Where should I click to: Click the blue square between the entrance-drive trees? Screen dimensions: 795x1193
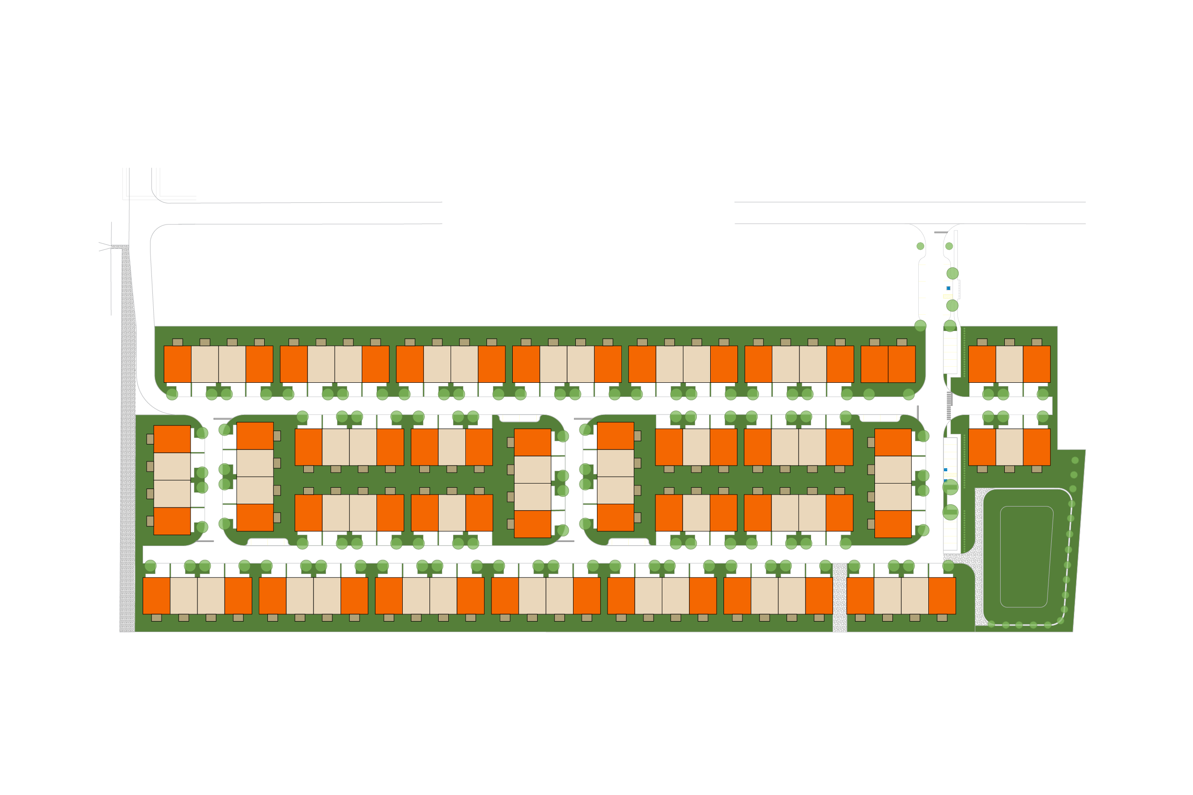pos(948,288)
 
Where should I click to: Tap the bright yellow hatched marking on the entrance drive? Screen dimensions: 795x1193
pos(947,297)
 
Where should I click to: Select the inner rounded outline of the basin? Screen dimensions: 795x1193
pos(1026,557)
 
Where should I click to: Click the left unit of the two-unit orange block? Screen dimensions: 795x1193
pos(874,364)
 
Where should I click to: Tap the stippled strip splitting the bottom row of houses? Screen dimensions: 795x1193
pos(840,597)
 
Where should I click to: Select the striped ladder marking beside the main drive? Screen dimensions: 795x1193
pos(949,406)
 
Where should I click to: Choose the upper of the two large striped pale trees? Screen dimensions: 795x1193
pos(950,487)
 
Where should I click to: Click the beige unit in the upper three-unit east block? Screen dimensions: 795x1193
pos(1009,364)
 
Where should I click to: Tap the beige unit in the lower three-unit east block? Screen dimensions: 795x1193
pos(1009,447)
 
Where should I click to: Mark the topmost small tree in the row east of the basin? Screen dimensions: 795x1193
pos(1075,461)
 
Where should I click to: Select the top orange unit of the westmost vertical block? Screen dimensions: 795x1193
pos(172,438)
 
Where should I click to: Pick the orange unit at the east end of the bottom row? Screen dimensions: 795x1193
pos(942,596)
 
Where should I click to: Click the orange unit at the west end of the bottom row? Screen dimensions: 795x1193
pos(156,596)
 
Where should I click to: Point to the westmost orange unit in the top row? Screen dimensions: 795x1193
pos(177,364)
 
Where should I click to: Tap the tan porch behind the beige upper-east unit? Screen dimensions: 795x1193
pos(1009,342)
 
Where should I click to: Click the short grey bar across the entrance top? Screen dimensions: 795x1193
pos(940,232)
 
